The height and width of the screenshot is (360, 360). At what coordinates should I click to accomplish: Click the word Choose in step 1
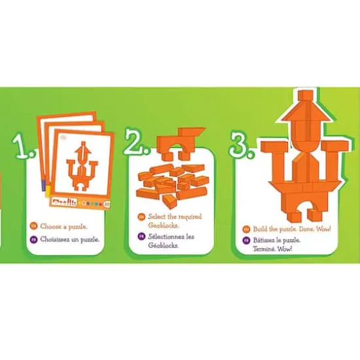pyautogui.click(x=50, y=226)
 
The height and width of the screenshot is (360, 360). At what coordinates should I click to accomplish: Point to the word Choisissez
pyautogui.click(x=54, y=240)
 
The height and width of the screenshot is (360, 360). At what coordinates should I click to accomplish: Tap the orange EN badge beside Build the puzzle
pyautogui.click(x=246, y=228)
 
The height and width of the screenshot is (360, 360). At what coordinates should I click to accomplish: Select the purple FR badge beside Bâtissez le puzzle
pyautogui.click(x=246, y=241)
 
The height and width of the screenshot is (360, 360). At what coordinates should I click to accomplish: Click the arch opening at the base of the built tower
pyautogui.click(x=300, y=212)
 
